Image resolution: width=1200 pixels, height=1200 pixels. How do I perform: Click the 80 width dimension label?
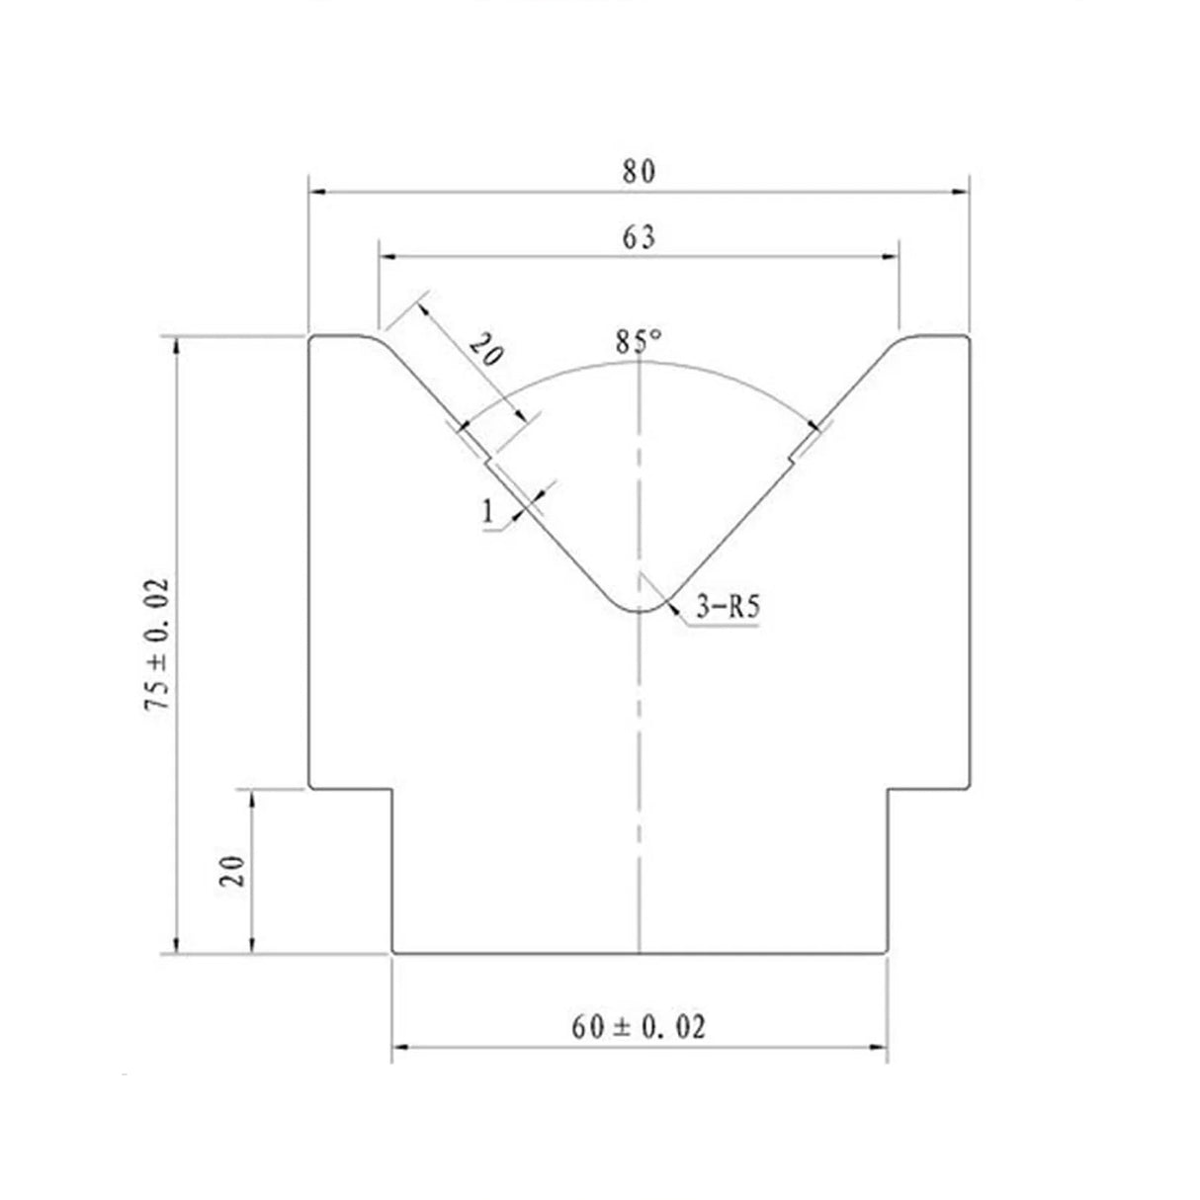pos(639,171)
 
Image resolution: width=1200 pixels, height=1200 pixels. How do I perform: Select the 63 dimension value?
pos(639,237)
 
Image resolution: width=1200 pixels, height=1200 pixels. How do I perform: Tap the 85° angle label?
pos(639,341)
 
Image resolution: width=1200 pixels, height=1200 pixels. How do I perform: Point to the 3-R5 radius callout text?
pos(728,606)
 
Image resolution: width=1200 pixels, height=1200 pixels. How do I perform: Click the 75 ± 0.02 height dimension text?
pos(157,644)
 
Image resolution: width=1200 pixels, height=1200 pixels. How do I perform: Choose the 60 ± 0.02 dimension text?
pos(639,1027)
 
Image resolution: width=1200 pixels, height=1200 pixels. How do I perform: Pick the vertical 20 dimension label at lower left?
pos(232,871)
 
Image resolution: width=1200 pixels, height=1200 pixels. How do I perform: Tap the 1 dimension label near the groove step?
pos(487,512)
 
